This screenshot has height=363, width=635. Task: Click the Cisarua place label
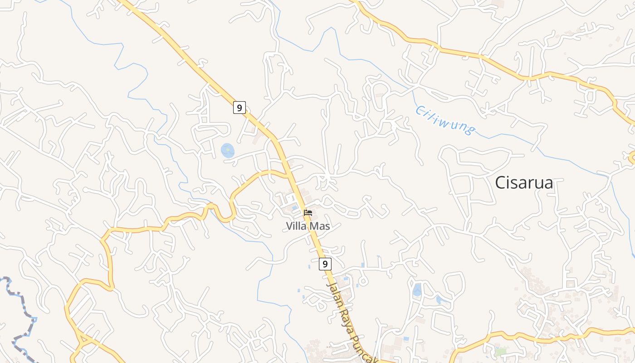(x=524, y=182)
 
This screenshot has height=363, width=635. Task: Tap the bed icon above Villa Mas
(x=308, y=212)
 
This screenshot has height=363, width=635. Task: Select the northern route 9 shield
(x=239, y=108)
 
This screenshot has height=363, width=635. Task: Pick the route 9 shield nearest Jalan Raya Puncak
(x=325, y=264)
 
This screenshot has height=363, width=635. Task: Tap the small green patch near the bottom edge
(x=500, y=352)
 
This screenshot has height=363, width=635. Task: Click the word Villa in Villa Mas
(x=296, y=226)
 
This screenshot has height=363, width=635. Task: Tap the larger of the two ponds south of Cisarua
(x=416, y=289)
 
